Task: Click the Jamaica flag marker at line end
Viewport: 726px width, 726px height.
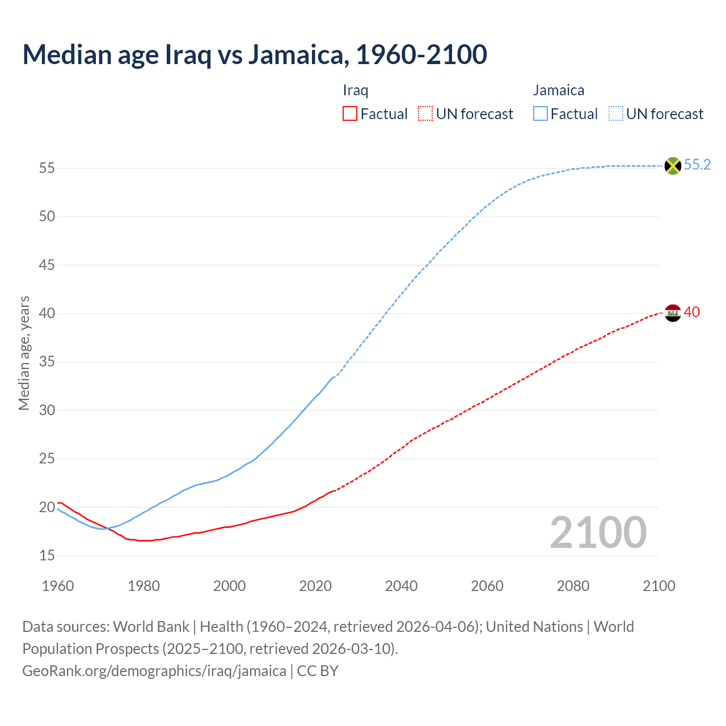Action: (673, 166)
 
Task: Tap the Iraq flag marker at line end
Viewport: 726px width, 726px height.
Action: (673, 313)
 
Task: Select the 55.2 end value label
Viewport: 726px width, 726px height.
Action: (697, 165)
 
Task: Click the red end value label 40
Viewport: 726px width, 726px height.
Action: (692, 313)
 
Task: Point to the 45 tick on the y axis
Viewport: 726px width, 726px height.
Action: (47, 265)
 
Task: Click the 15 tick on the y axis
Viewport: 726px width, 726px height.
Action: (47, 555)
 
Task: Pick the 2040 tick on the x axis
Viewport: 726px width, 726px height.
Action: (401, 586)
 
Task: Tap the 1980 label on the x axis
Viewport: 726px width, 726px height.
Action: (143, 586)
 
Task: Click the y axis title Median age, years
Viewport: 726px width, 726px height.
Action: (24, 353)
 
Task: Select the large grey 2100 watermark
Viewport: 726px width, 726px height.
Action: (598, 533)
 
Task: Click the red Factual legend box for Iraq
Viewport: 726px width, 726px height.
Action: (350, 114)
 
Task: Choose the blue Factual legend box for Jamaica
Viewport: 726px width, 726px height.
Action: (541, 114)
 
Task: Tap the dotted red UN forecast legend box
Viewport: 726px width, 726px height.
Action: (425, 114)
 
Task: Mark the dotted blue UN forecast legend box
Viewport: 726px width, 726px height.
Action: (616, 114)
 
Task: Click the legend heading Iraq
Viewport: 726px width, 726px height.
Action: (356, 90)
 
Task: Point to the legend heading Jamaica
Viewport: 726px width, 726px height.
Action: (559, 90)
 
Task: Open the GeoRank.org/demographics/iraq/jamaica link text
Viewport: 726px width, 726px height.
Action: (154, 671)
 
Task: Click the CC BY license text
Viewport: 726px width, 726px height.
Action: (318, 671)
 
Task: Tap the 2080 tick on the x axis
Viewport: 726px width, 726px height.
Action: (573, 586)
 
